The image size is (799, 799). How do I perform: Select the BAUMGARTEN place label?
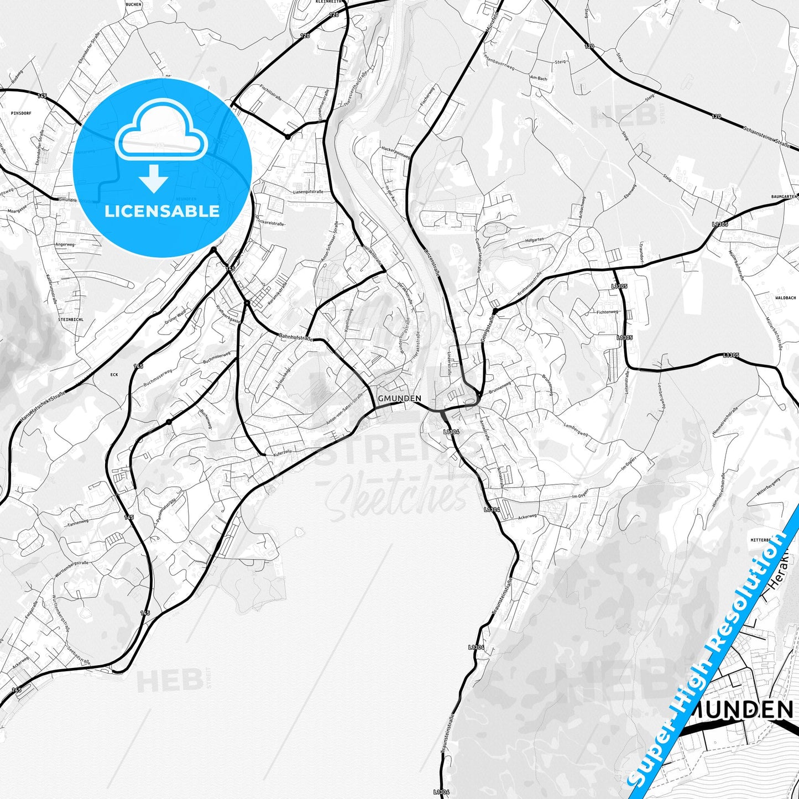click(784, 196)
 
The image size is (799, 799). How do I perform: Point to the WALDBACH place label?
click(785, 297)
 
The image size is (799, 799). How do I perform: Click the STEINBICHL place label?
click(70, 319)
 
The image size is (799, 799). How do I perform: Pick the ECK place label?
click(114, 374)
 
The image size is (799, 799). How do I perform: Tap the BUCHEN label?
click(133, 4)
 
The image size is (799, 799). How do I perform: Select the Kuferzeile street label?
click(280, 452)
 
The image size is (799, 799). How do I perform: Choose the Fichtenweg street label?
click(607, 312)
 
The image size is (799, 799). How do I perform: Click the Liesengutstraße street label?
click(308, 191)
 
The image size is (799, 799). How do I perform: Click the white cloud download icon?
click(161, 133)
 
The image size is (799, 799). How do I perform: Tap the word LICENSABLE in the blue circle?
click(162, 211)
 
